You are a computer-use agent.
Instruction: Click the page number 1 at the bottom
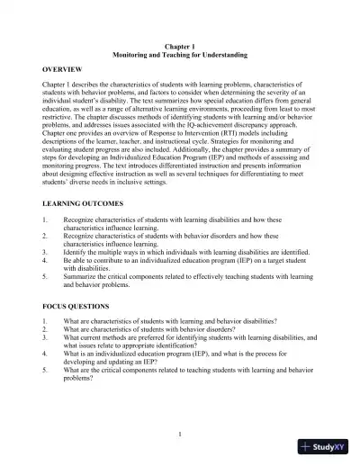click(x=180, y=435)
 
